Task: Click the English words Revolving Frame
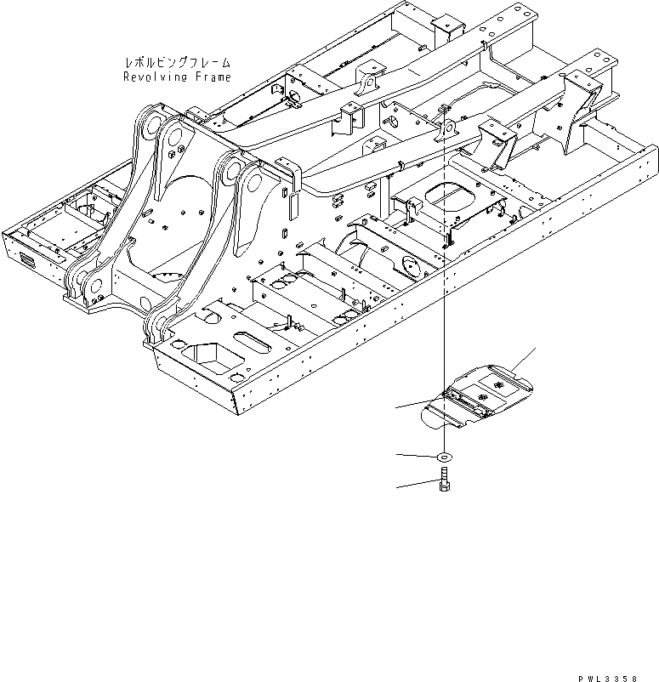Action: click(x=177, y=77)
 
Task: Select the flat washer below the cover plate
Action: click(x=444, y=458)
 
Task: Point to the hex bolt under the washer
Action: click(x=445, y=486)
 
